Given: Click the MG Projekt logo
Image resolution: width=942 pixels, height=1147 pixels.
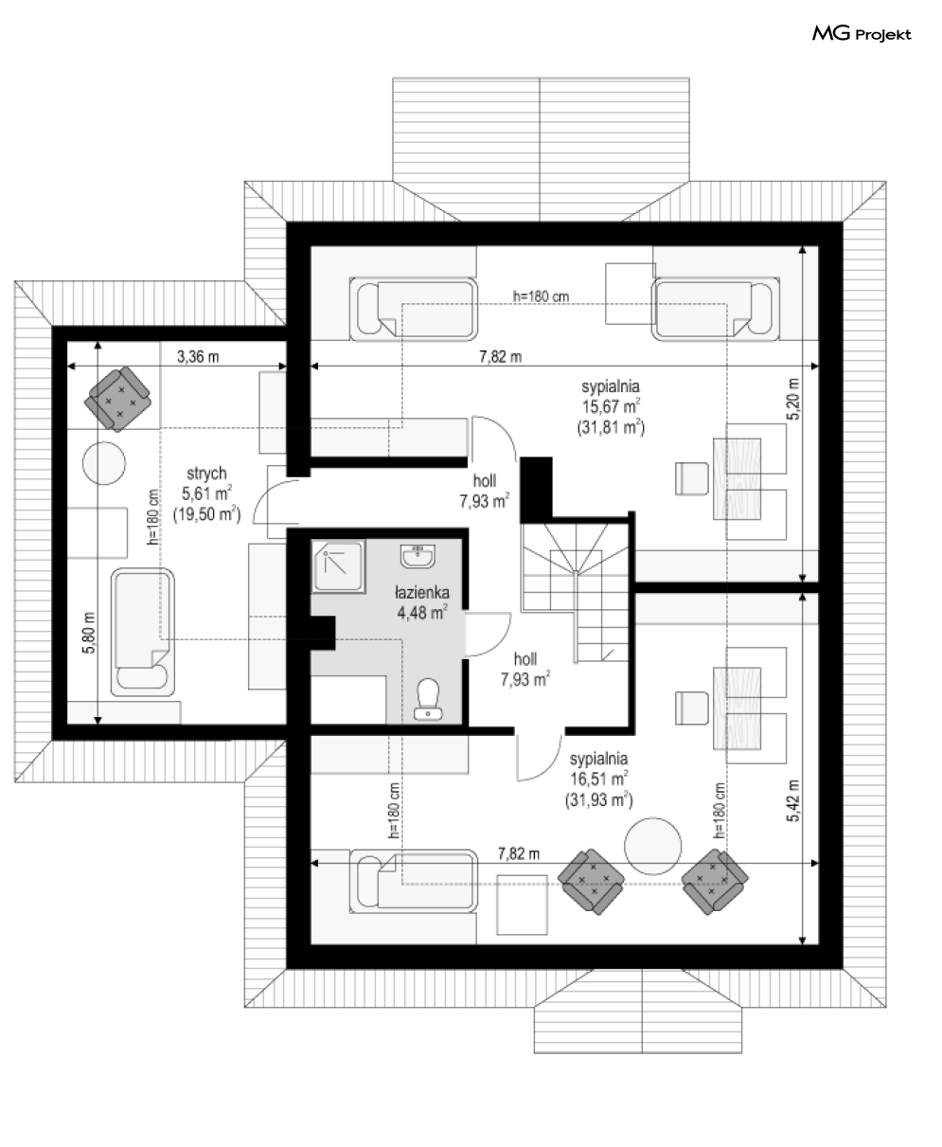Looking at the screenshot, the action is [x=862, y=34].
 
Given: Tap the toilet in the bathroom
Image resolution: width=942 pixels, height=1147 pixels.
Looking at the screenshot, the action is [x=428, y=699].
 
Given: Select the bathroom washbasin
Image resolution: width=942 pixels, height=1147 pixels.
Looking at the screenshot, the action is [x=418, y=556].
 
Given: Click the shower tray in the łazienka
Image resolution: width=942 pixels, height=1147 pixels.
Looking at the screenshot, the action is [x=338, y=565].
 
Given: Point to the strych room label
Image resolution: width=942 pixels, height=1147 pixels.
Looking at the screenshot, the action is [x=206, y=474].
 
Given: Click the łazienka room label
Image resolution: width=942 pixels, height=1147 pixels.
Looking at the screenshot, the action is [x=422, y=592].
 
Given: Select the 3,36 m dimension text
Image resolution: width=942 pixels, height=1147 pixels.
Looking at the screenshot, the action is [x=198, y=357].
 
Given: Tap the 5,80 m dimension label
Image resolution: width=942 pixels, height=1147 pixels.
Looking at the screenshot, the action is [x=89, y=633].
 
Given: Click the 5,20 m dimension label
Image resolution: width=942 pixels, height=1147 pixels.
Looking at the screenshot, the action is [x=793, y=399].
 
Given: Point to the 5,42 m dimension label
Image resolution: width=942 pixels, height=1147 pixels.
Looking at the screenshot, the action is [x=793, y=801].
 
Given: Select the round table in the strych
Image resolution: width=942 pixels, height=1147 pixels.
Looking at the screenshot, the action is [x=104, y=463].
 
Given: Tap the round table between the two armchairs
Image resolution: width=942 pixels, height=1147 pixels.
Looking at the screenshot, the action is [x=652, y=846].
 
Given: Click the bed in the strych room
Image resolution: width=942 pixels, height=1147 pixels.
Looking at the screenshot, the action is [x=142, y=633].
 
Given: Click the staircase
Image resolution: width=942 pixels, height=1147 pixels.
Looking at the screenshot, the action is [x=575, y=590].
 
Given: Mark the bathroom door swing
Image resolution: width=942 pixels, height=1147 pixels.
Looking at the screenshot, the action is [x=489, y=635].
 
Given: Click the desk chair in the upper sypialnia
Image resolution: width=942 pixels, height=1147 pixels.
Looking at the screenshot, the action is [x=692, y=478].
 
